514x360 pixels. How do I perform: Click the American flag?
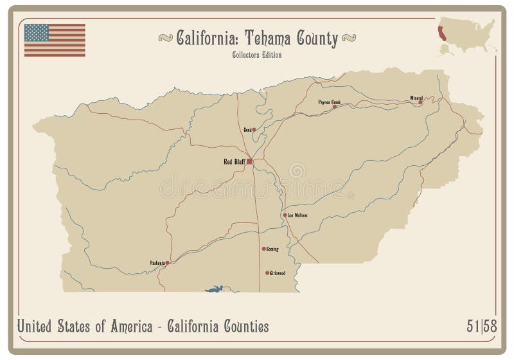[x=55, y=40]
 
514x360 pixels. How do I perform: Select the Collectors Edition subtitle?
[x=257, y=55]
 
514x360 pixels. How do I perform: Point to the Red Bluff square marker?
[x=249, y=161]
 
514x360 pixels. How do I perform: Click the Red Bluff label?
[x=232, y=161]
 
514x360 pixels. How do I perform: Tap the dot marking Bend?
[x=254, y=129]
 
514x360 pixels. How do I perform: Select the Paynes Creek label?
[x=329, y=102]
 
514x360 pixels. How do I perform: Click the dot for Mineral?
[x=420, y=102]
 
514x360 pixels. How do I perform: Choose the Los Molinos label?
[x=297, y=215]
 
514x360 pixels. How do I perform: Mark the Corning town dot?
[x=263, y=248]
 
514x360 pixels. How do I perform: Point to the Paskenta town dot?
[x=167, y=262]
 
